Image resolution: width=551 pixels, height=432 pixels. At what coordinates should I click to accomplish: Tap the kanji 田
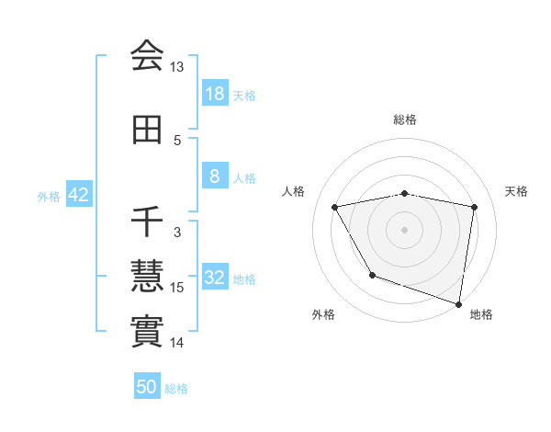[147, 131]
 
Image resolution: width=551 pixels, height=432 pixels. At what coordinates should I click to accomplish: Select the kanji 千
[147, 222]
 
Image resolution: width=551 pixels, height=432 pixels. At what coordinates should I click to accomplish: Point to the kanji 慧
[147, 275]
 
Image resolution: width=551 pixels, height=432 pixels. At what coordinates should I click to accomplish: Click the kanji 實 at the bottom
[147, 331]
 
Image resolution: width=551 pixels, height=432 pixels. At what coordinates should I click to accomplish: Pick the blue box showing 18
[214, 93]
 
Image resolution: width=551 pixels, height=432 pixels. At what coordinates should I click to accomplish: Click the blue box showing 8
[214, 176]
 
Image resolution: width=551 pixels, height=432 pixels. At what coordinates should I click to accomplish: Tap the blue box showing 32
[214, 279]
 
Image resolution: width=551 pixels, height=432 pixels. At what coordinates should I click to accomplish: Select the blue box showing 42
[77, 195]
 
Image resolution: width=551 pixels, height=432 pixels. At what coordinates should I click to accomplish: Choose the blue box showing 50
[147, 387]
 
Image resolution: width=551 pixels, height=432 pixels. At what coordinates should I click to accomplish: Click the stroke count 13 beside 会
[177, 67]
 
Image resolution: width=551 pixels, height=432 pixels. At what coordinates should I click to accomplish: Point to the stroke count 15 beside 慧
[177, 288]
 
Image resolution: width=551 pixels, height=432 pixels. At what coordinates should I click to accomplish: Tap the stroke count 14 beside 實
[177, 343]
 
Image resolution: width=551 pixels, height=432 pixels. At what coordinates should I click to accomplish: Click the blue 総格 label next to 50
[177, 389]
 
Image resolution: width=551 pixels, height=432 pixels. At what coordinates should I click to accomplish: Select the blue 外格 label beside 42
[49, 196]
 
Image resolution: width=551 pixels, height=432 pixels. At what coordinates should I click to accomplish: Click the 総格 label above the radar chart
[405, 119]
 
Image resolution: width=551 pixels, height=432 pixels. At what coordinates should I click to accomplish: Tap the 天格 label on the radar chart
[517, 191]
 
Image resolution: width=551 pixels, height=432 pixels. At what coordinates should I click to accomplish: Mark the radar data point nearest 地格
[458, 302]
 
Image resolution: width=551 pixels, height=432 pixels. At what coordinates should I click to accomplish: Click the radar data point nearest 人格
[335, 208]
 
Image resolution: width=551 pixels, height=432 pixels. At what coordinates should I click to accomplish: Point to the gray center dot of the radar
[405, 229]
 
